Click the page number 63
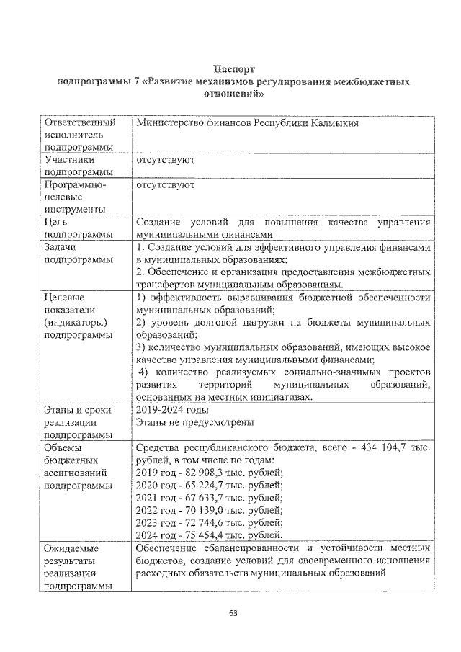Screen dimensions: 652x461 (233, 612)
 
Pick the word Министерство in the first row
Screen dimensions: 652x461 (169, 122)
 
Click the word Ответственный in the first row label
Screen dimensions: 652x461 (79, 122)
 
